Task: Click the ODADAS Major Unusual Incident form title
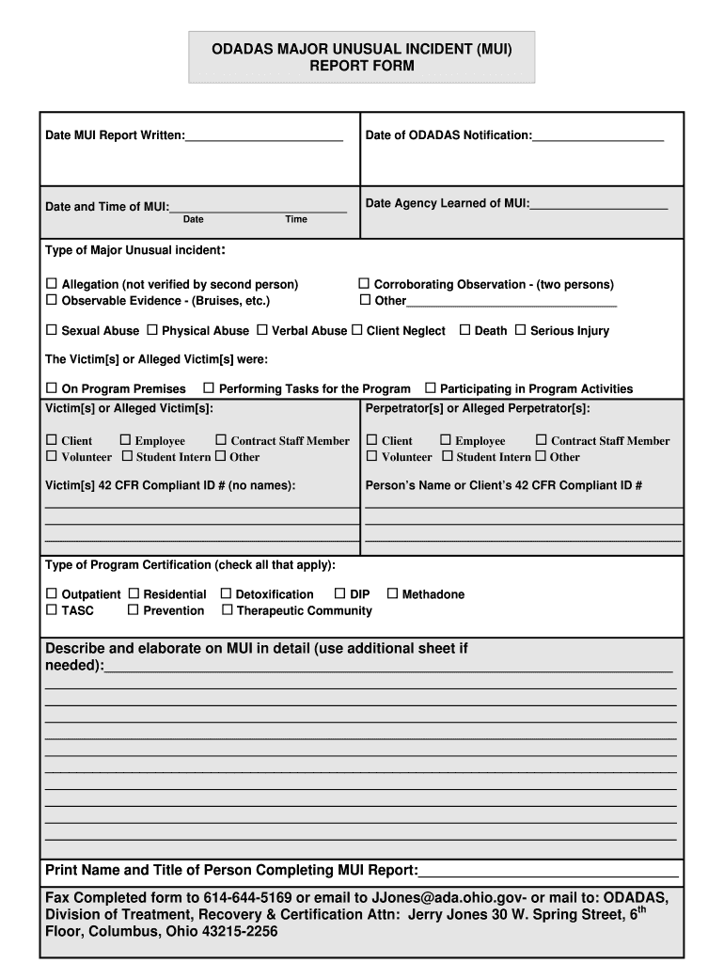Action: coord(362,56)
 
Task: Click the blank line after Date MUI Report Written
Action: coord(264,136)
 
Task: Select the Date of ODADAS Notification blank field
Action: coord(598,136)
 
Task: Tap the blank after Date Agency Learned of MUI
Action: coord(598,204)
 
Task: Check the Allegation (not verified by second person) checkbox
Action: coord(53,284)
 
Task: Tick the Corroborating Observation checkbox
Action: coord(365,284)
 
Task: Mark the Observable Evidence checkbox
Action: coord(53,300)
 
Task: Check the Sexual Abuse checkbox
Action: coord(53,330)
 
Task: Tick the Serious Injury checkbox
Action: coord(520,330)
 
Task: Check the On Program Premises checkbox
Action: coord(53,388)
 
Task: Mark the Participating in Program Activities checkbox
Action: coord(431,388)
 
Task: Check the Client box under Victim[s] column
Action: coord(53,440)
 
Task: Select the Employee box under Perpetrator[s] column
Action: coord(446,440)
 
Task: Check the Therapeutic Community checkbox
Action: coord(227,610)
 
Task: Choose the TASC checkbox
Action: coord(53,610)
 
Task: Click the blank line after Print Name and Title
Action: coord(548,871)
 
